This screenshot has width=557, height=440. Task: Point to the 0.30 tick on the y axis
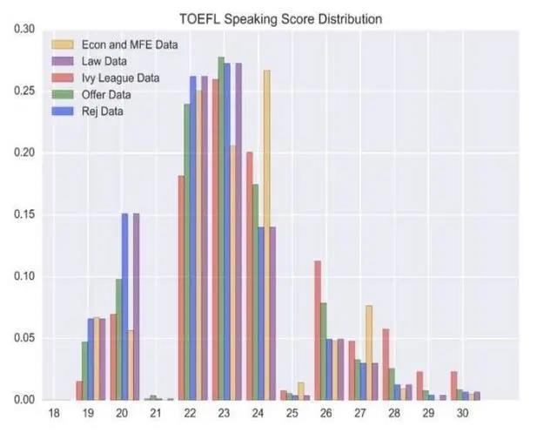pyautogui.click(x=23, y=30)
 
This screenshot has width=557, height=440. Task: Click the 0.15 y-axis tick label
pyautogui.click(x=23, y=215)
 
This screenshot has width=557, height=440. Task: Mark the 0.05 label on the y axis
pyautogui.click(x=23, y=339)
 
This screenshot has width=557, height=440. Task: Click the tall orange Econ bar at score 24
pyautogui.click(x=267, y=235)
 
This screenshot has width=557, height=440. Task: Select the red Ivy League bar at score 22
pyautogui.click(x=181, y=288)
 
